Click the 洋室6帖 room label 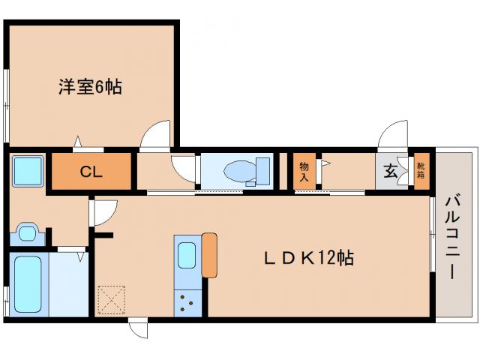[90, 87]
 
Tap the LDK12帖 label [307, 259]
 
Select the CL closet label [91, 172]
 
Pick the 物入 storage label [304, 172]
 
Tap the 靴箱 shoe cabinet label [421, 171]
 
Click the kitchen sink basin [187, 256]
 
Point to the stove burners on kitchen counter [186, 302]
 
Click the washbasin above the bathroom [28, 233]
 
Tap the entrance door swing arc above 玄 [391, 137]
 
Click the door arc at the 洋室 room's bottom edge [157, 136]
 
